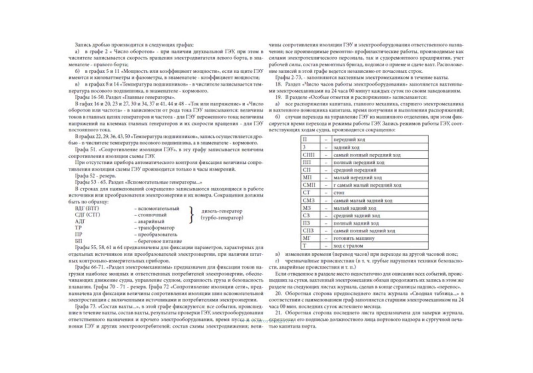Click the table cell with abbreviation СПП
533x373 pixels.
coord(309,155)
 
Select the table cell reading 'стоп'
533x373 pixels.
coord(339,193)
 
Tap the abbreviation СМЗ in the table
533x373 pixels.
coord(309,200)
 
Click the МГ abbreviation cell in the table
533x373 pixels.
coord(307,238)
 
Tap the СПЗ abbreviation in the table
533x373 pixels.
coord(308,231)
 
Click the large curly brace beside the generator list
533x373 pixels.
coord(192,215)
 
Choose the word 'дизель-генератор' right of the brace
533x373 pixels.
coord(222,211)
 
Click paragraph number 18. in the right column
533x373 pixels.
coord(278,85)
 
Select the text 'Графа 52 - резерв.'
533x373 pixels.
coord(95,176)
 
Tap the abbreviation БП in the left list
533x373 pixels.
coord(79,241)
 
